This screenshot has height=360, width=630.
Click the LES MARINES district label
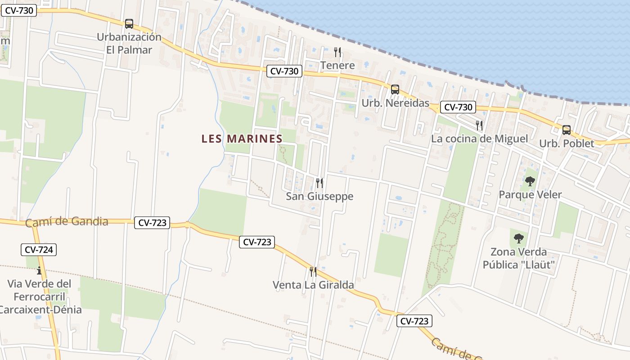coord(242,139)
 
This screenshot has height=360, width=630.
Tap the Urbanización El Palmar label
coord(129,43)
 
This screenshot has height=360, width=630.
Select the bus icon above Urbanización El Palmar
coord(129,24)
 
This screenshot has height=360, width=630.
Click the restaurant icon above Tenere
coord(337,52)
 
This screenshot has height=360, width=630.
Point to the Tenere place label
coord(337,65)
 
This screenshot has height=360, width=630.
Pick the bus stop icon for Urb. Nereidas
coord(395,90)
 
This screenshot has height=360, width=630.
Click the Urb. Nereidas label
coord(396,103)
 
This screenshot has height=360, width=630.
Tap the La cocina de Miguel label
coord(479,139)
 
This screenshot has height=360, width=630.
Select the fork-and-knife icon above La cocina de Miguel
coord(479,125)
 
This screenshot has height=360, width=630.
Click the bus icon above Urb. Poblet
coord(567,130)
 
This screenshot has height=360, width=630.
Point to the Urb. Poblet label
coord(567,144)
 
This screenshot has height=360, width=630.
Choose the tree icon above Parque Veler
coord(530,181)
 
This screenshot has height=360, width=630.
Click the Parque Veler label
coord(530,195)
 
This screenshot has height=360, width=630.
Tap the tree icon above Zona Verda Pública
coord(518,238)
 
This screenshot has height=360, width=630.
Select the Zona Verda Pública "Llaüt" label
coord(518,258)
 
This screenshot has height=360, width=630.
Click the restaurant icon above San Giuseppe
coord(319,183)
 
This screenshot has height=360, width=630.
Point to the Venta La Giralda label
coord(313,285)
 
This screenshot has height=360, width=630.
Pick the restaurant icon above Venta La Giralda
coord(313,271)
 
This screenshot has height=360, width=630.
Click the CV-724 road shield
coord(39,250)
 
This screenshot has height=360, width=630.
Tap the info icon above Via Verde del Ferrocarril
coord(39,270)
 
